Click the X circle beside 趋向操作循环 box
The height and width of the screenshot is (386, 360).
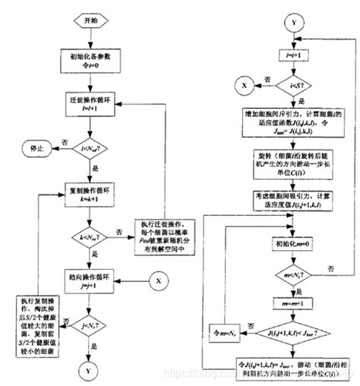point(158,280)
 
